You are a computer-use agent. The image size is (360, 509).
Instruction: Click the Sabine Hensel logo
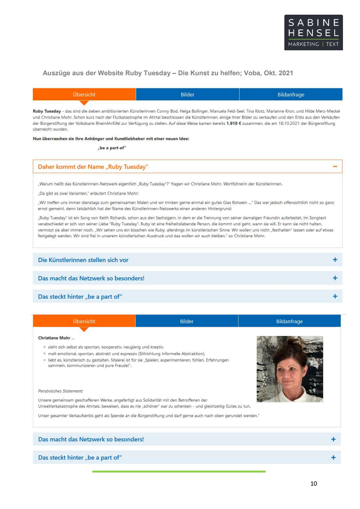tap(313, 32)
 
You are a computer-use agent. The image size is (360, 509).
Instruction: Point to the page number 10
tap(314, 483)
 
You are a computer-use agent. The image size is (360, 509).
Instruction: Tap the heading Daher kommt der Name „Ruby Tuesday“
tap(93, 167)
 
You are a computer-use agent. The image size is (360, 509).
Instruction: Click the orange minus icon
tap(335, 167)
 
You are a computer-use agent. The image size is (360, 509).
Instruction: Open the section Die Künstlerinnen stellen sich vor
tap(83, 260)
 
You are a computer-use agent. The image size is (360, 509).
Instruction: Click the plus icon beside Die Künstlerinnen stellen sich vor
tap(335, 260)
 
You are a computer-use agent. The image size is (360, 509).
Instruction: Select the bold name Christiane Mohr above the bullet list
tap(54, 338)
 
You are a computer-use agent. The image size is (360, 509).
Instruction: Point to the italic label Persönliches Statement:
tap(61, 391)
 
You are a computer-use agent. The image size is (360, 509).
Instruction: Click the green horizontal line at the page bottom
tap(179, 471)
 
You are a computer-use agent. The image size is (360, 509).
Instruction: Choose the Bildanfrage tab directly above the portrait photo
tap(289, 321)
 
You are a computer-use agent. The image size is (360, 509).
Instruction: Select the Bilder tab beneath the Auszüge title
tap(187, 95)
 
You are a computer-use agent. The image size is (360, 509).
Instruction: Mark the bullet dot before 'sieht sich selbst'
tap(45, 347)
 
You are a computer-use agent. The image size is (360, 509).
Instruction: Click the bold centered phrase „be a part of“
tap(112, 148)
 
